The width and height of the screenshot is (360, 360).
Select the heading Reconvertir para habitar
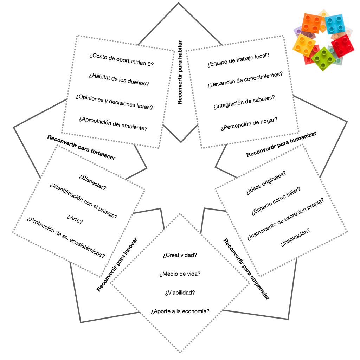pos(180,72)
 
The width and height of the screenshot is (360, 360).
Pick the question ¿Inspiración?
pos(295,238)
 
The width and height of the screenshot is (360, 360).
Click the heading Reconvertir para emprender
pos(246,269)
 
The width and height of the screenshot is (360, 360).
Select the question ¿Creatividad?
pos(180,255)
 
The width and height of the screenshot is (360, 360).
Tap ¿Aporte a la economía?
pos(180,311)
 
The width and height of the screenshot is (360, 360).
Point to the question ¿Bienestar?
pos(93,182)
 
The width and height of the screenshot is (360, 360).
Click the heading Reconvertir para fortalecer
pos(81,147)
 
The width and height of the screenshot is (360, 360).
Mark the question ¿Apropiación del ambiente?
pos(113,123)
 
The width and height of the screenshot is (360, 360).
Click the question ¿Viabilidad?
pos(180,292)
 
